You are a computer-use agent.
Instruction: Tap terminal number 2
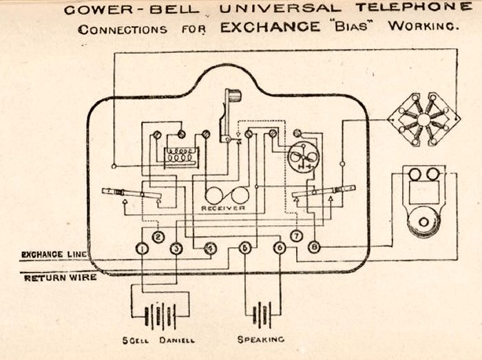coord(158,237)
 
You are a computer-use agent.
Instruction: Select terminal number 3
coord(176,248)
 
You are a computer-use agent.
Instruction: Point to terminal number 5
coord(244,248)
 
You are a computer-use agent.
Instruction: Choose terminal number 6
coord(279,248)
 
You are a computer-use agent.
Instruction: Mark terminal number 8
coord(314,247)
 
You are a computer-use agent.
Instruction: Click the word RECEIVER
coord(224,207)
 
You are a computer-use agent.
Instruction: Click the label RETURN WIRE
coord(60,278)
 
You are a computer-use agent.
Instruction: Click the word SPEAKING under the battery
coord(261,339)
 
